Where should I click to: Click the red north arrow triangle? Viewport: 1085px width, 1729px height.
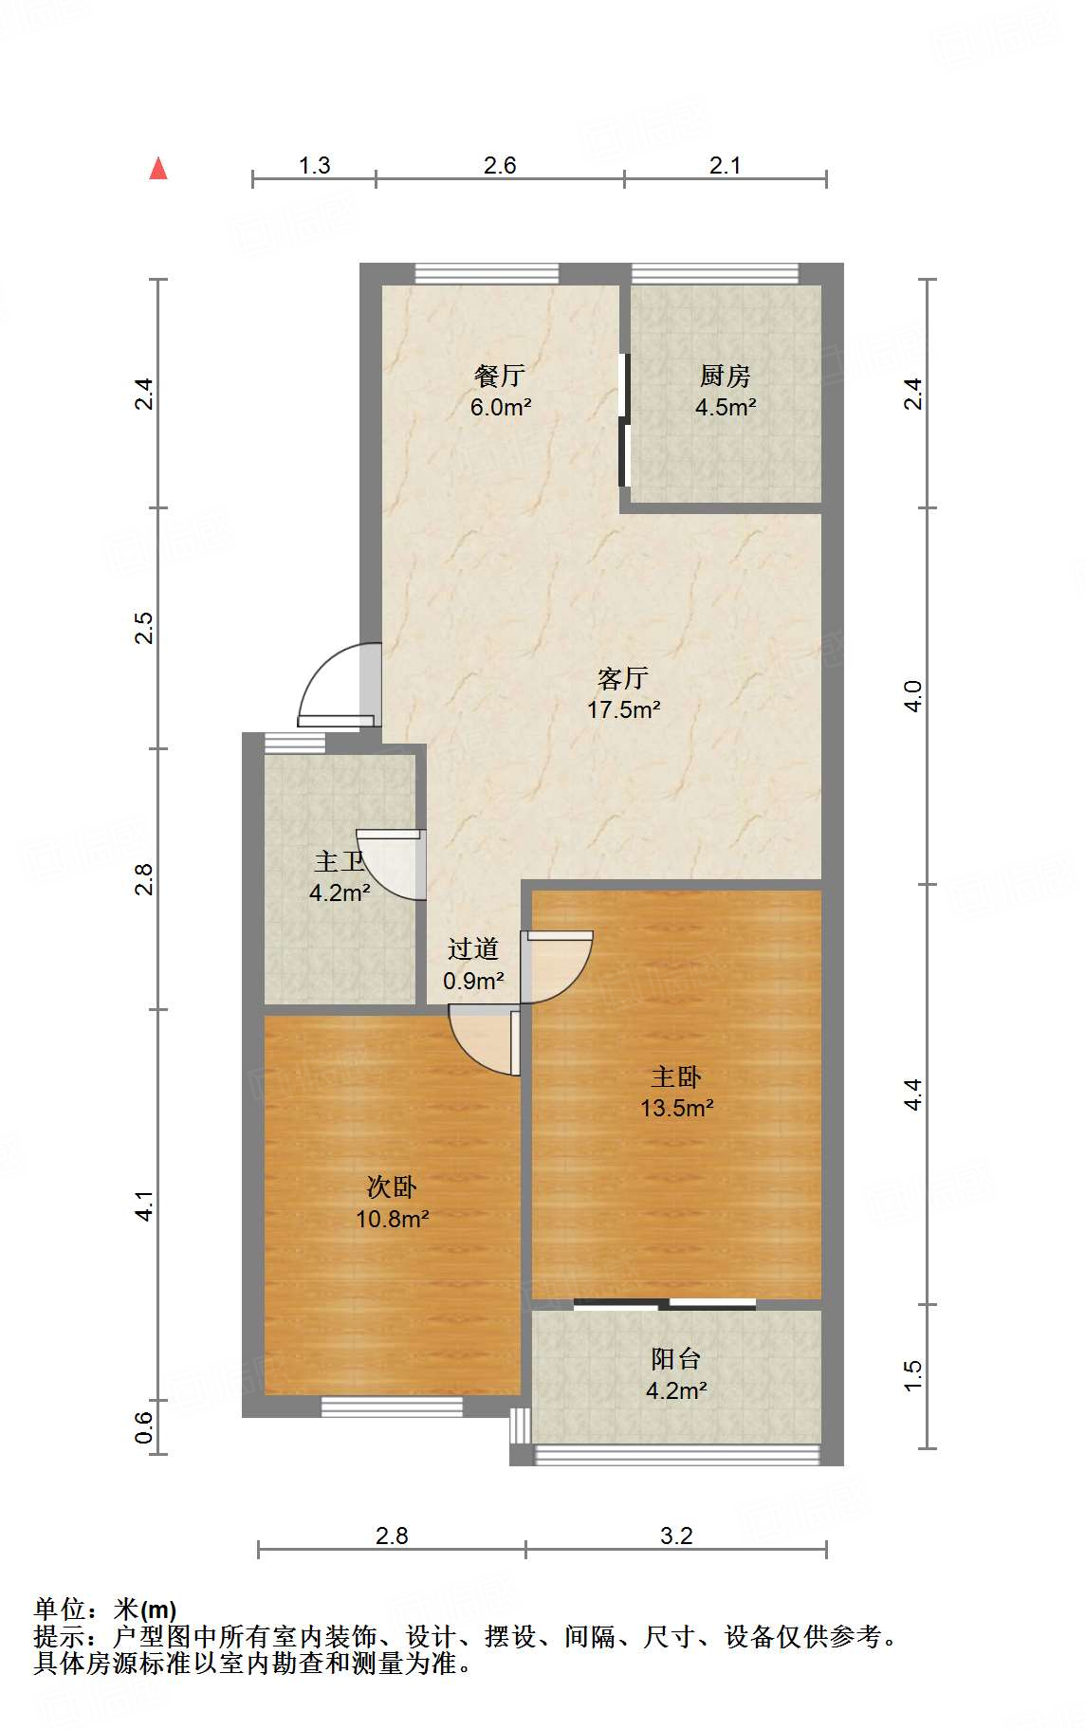[158, 169]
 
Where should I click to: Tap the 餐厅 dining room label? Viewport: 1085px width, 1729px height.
[500, 377]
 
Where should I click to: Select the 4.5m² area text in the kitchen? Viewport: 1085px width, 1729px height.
[726, 408]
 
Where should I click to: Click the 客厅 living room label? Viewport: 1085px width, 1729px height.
[623, 678]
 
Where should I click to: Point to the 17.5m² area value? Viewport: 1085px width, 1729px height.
[623, 709]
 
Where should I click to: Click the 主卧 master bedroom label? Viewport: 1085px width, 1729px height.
[676, 1076]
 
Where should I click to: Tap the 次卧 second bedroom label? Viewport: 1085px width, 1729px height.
[392, 1186]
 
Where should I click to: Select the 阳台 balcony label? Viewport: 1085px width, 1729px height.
[676, 1359]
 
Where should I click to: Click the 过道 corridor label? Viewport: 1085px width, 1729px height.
[473, 948]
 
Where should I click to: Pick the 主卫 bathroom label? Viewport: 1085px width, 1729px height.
[340, 861]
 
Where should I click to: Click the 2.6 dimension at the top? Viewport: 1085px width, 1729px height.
[500, 165]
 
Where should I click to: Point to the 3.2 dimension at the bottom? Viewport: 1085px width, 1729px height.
[676, 1536]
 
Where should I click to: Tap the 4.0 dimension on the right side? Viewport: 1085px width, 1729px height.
[912, 696]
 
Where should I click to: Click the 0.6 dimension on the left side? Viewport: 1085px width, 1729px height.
[143, 1426]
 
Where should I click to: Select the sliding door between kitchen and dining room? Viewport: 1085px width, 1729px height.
[624, 419]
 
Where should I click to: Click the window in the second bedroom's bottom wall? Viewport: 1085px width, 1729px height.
[392, 1407]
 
